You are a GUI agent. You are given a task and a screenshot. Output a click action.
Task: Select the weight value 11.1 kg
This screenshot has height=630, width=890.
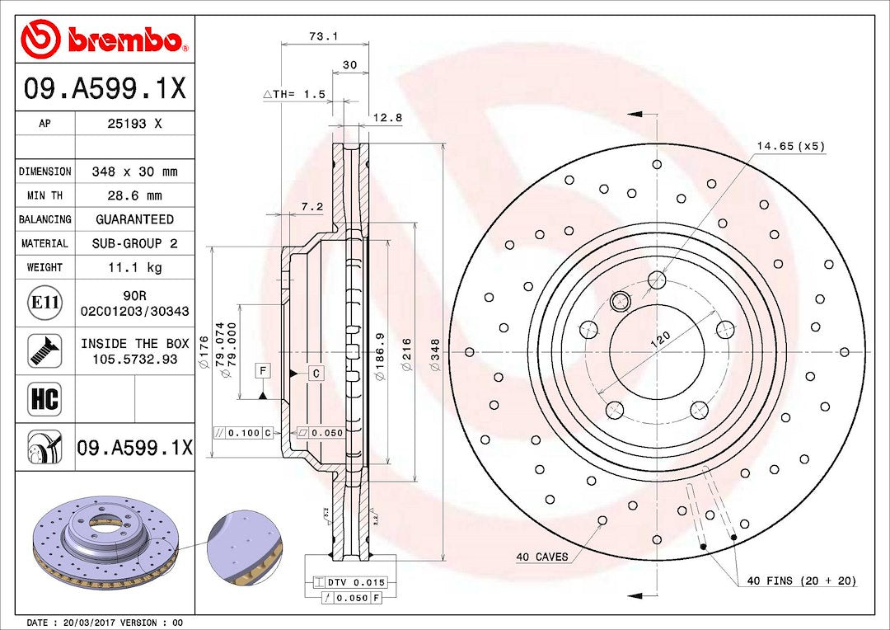pyautogui.click(x=134, y=267)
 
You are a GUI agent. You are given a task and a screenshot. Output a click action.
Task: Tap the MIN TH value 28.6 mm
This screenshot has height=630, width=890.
pyautogui.click(x=134, y=195)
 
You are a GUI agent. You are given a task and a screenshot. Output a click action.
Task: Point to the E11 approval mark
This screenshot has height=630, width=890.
pyautogui.click(x=44, y=303)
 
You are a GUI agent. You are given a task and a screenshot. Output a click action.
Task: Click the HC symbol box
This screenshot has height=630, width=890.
pyautogui.click(x=44, y=399)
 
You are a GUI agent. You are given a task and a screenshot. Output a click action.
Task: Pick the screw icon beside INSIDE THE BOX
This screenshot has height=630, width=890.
pyautogui.click(x=44, y=350)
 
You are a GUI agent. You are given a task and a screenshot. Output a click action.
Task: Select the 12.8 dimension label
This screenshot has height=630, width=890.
pyautogui.click(x=387, y=118)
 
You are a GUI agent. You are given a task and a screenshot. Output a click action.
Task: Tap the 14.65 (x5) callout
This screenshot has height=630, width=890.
pyautogui.click(x=790, y=146)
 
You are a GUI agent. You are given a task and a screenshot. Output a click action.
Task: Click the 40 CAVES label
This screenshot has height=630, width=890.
pyautogui.click(x=541, y=557)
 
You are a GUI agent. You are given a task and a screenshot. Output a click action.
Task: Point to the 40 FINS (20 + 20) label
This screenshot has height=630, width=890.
pyautogui.click(x=801, y=581)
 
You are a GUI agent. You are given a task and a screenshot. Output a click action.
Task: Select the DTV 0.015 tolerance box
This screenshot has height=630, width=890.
pyautogui.click(x=355, y=583)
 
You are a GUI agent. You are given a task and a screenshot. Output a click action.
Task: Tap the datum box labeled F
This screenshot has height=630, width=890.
pyautogui.click(x=262, y=370)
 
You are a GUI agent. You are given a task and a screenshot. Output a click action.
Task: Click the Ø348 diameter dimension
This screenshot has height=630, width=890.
pyautogui.click(x=435, y=352)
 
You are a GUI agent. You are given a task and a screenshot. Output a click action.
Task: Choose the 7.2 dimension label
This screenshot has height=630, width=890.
pyautogui.click(x=312, y=206)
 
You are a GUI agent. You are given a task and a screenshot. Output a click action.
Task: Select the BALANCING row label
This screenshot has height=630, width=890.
pyautogui.click(x=44, y=219)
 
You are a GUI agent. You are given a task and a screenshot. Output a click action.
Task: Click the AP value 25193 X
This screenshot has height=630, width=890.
pyautogui.click(x=134, y=124)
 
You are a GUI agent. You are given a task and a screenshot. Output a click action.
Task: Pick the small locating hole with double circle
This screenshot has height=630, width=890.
pyautogui.click(x=621, y=301)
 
